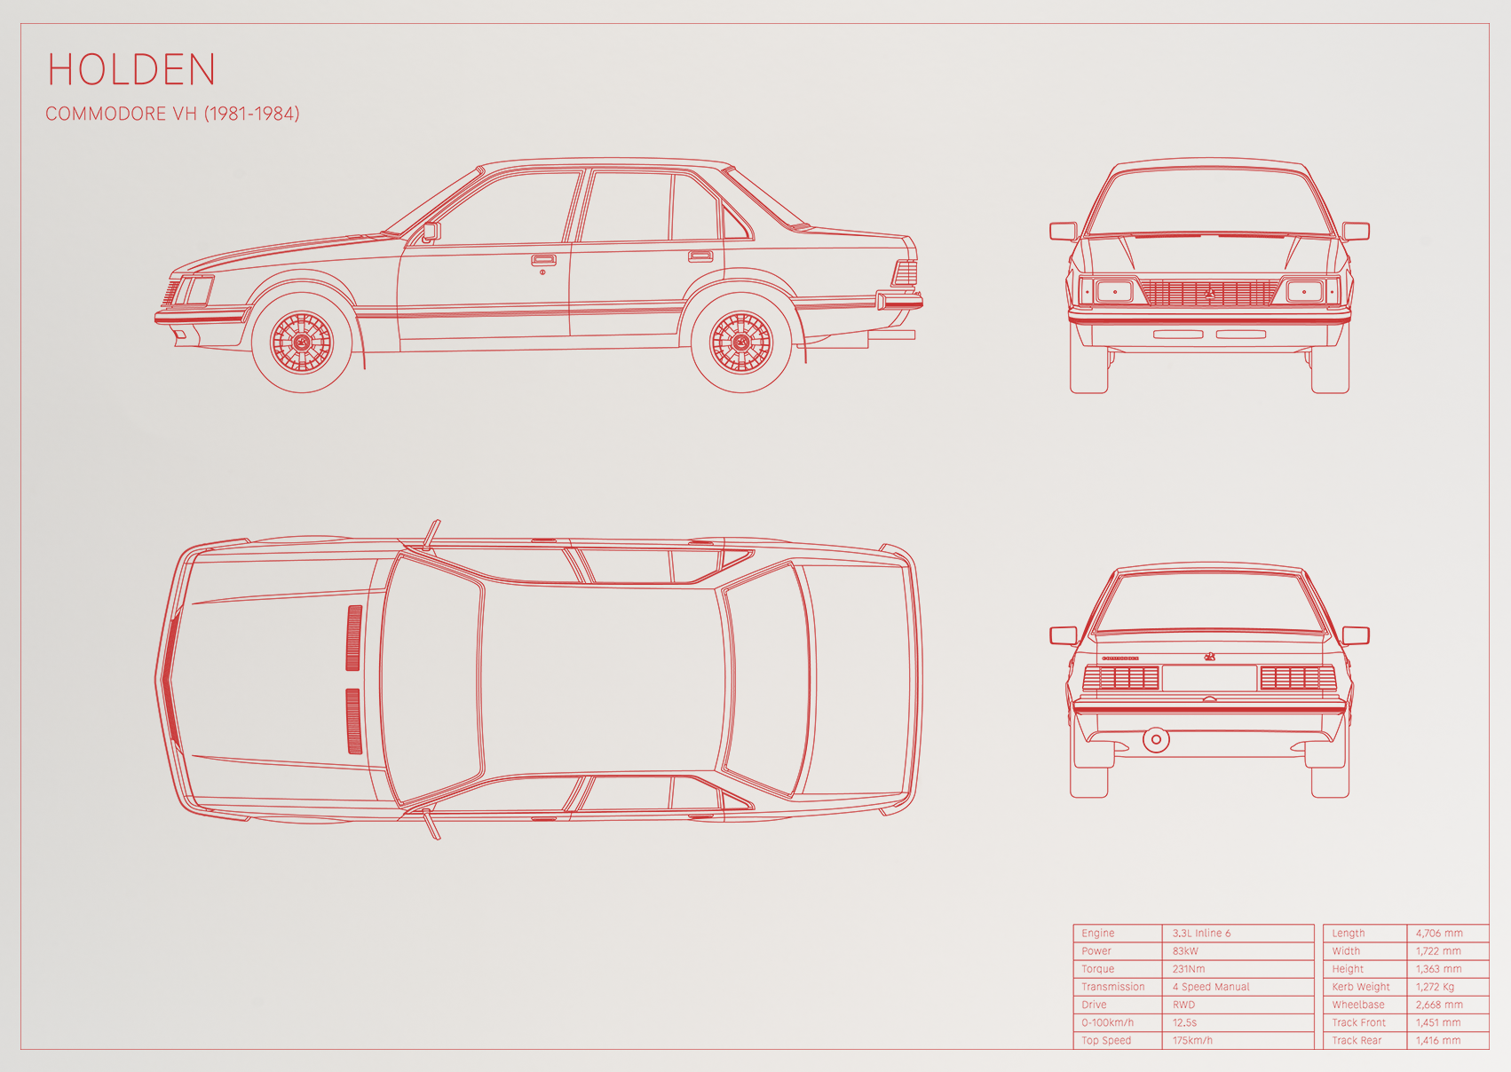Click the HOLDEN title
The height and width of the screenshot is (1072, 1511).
point(131,69)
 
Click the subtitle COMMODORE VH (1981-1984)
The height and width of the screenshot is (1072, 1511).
point(172,114)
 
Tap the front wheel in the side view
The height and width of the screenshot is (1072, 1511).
point(302,343)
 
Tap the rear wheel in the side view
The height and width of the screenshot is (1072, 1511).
point(741,343)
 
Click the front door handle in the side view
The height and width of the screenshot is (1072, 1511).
point(543,260)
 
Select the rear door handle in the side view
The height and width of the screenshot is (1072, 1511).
point(700,256)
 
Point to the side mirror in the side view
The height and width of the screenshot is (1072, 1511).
point(431,232)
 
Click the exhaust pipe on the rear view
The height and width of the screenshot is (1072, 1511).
point(1156,739)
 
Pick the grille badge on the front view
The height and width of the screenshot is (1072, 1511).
point(1209,293)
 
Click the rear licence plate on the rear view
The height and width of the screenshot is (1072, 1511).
point(1209,678)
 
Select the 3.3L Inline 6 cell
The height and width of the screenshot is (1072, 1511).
point(1201,933)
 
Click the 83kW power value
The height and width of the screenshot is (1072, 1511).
point(1185,951)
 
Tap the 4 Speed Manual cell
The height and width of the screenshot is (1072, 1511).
point(1211,987)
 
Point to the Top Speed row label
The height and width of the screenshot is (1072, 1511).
point(1106,1040)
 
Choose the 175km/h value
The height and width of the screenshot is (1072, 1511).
point(1192,1040)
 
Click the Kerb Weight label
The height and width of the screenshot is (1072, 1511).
point(1361,987)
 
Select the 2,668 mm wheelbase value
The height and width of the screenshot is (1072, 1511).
point(1439,1005)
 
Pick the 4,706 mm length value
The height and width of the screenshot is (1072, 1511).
point(1439,933)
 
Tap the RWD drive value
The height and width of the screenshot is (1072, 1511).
point(1183,1005)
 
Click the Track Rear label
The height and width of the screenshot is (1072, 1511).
point(1357,1040)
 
